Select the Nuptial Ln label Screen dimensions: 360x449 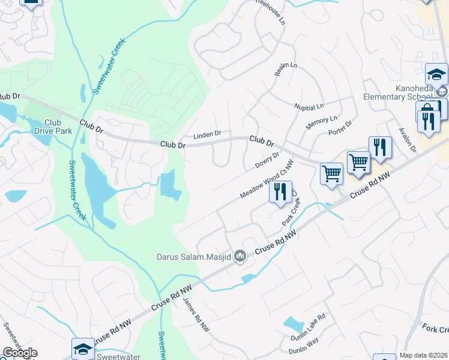point(309,106)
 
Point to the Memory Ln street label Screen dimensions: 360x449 point(322,124)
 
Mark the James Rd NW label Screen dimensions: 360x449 point(196,316)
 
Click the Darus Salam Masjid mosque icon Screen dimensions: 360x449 point(240,257)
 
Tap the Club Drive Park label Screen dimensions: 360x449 point(49,126)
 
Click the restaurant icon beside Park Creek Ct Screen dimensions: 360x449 point(280,191)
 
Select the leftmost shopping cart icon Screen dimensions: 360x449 point(331,173)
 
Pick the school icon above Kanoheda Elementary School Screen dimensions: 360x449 point(436,74)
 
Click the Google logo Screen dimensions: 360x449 point(19,353)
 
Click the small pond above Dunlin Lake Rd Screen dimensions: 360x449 point(294,324)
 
